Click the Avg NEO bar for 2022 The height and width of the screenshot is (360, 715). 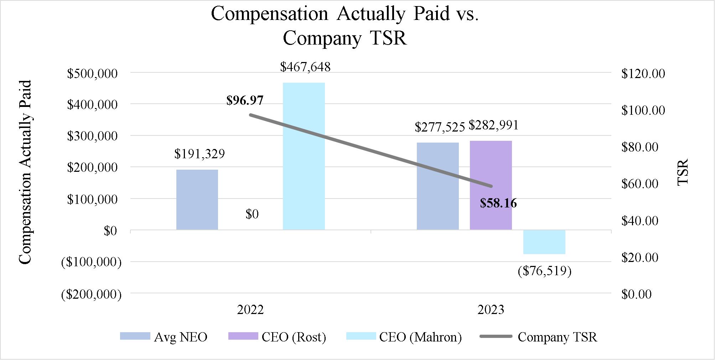(197, 200)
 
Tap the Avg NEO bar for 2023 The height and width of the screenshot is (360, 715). (437, 186)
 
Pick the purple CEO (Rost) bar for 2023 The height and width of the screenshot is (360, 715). (491, 185)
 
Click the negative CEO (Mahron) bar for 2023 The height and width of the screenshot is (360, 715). (544, 242)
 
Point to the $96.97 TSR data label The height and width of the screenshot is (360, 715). (245, 101)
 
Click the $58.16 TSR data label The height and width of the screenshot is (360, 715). (498, 203)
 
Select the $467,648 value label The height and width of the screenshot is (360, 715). (305, 67)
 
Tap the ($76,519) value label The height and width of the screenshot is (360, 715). (544, 271)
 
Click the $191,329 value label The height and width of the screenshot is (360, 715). (200, 154)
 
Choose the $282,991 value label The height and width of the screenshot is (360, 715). (493, 125)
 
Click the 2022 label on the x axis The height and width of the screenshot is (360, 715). (250, 310)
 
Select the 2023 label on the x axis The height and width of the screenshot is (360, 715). (491, 310)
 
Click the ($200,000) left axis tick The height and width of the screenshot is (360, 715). (91, 294)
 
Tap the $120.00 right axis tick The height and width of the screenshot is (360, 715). (643, 74)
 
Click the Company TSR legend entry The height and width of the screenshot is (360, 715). (538, 337)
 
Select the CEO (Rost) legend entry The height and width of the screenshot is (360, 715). (277, 337)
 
